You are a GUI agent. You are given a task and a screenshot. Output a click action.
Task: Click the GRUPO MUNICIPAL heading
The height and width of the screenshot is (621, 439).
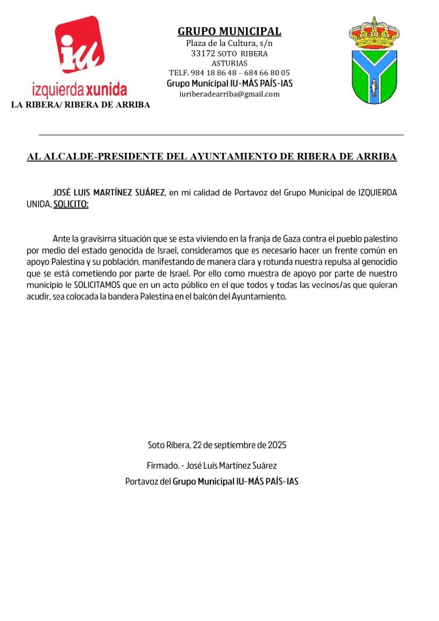pos(229,32)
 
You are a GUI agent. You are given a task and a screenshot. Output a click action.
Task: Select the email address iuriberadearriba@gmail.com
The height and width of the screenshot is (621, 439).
pos(229,94)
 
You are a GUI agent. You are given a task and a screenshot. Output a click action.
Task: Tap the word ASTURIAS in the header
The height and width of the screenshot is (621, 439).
pos(229,63)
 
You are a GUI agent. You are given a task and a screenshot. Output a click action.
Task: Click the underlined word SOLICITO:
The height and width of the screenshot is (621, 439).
pos(71,204)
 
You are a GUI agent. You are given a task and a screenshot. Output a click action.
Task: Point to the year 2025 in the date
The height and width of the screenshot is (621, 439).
pos(276,445)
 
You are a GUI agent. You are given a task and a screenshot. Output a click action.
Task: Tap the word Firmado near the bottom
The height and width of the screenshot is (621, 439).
pos(161,466)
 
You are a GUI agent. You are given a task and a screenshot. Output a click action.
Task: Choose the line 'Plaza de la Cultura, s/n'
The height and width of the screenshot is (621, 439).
pos(229,43)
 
